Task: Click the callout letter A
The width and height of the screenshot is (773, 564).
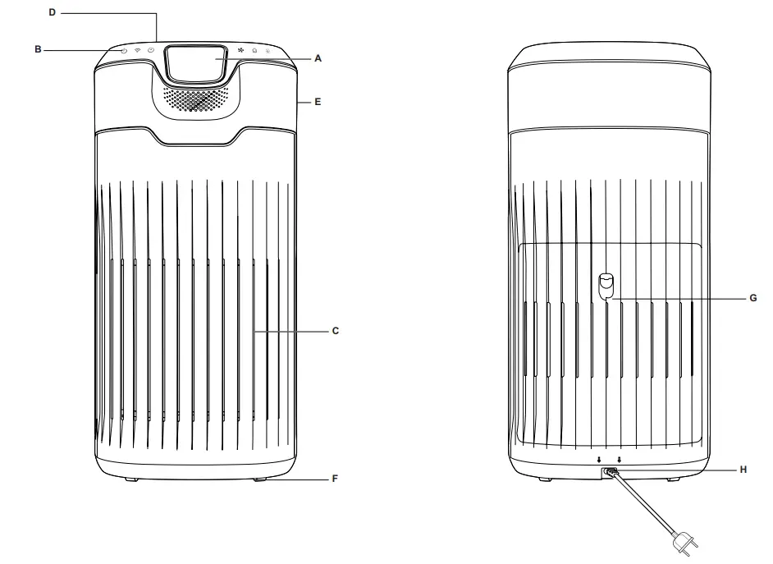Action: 318,58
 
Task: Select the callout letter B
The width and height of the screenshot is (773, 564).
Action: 38,50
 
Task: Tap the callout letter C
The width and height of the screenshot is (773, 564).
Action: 335,331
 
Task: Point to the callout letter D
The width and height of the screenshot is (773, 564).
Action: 53,13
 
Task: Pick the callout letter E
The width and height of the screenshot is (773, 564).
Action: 318,103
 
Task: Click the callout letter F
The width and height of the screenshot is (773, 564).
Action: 334,477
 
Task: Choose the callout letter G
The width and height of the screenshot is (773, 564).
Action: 752,299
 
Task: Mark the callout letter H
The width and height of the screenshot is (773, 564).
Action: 743,470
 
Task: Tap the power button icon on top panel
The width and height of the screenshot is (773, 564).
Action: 124,51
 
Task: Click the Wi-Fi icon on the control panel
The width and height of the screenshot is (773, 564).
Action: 138,51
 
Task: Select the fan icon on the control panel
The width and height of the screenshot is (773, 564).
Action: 240,51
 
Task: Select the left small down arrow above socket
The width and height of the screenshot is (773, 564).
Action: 600,460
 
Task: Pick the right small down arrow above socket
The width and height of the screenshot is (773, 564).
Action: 620,460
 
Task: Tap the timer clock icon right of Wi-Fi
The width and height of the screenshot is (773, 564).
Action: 151,51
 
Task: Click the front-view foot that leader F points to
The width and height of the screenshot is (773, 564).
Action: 262,478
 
